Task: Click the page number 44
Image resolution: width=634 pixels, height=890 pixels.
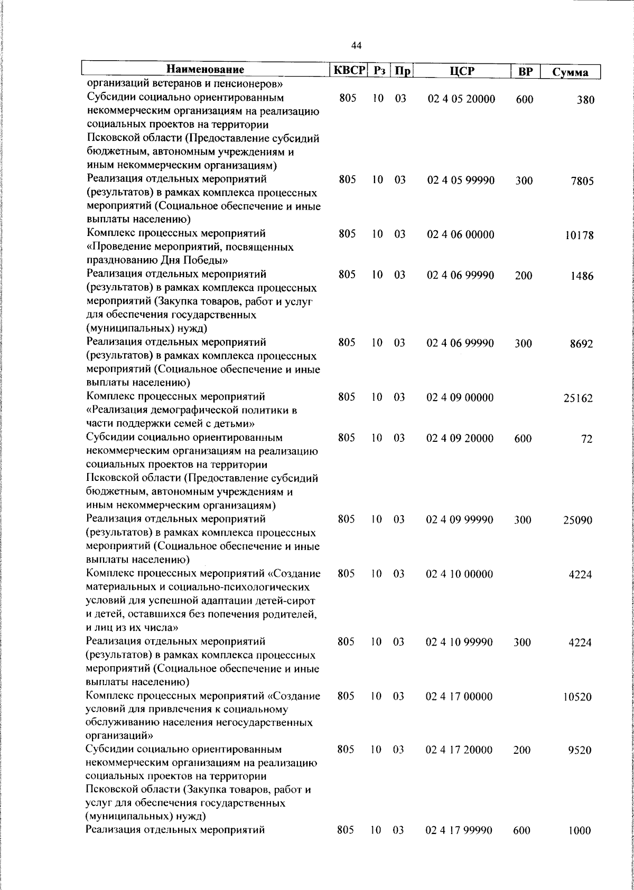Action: (356, 46)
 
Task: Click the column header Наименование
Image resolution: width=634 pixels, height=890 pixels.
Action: (206, 70)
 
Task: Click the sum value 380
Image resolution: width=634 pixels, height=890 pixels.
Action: (585, 100)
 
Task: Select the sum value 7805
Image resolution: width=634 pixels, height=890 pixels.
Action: (582, 181)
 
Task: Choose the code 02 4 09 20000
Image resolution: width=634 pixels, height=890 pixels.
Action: (460, 438)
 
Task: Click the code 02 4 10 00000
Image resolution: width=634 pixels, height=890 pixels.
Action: (460, 574)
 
